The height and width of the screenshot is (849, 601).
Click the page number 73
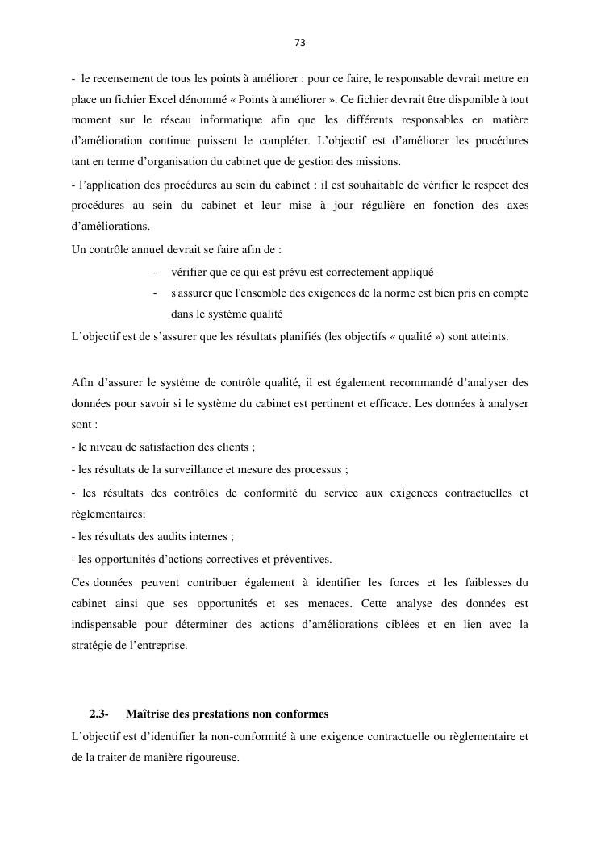[x=300, y=43]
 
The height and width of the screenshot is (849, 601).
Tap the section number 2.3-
[x=99, y=714]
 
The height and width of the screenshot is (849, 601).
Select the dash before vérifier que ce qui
[x=154, y=272]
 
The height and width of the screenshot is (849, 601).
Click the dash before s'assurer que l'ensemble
[x=154, y=293]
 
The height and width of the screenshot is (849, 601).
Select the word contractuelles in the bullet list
[x=478, y=492]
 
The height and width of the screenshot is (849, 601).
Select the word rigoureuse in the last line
[x=213, y=758]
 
